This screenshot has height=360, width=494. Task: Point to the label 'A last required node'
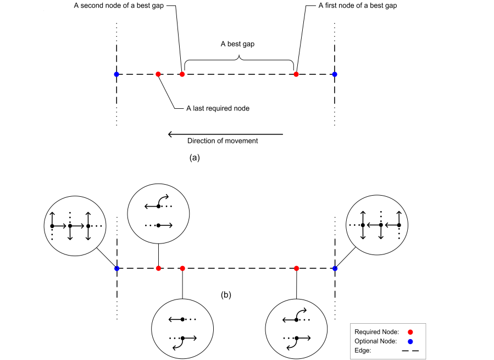point(218,108)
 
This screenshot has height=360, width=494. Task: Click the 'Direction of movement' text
point(223,141)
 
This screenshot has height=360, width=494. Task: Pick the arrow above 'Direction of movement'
point(225,134)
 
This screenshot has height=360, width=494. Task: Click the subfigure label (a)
point(194,157)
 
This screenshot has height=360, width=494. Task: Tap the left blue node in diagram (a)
point(116,74)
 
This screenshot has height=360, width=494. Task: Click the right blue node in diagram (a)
point(335,74)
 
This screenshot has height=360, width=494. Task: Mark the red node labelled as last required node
point(158,74)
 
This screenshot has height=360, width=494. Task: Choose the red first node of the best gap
point(296,74)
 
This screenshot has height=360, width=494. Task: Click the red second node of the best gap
point(182,74)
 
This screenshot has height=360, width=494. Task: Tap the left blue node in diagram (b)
point(116,268)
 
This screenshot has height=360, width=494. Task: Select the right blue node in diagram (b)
point(335,268)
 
